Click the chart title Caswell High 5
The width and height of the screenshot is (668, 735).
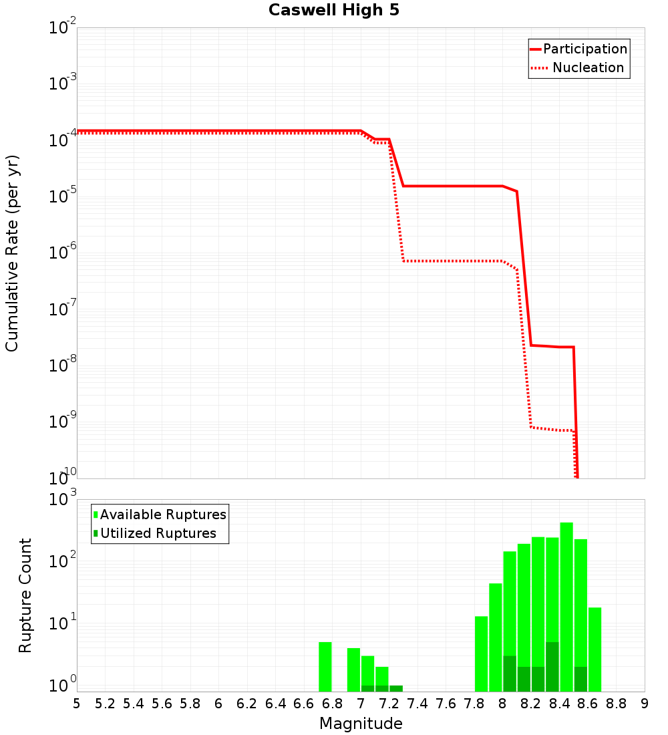334,11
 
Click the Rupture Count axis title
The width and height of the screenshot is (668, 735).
25,595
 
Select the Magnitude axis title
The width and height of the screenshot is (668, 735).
361,724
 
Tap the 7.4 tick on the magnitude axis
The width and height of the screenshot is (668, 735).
417,704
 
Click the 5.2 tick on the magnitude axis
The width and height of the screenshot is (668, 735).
105,704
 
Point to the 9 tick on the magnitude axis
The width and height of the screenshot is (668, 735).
644,704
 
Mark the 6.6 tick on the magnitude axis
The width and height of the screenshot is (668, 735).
304,704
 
